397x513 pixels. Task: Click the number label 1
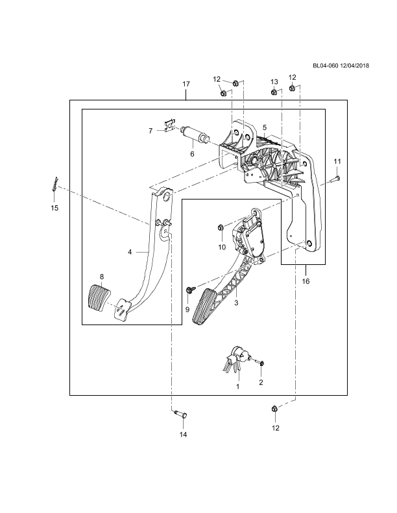tap(239, 386)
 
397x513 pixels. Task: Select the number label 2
tap(261, 382)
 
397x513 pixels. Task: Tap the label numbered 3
tap(236, 302)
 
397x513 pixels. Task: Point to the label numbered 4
tap(130, 252)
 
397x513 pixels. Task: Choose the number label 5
tap(264, 128)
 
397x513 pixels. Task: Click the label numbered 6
tap(191, 154)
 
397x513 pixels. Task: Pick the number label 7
tap(150, 131)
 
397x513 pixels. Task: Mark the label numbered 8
tap(101, 277)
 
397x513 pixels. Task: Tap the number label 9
tap(187, 310)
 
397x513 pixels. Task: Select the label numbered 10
tap(222, 247)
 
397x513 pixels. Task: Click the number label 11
tap(337, 161)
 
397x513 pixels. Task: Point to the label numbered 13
tap(274, 82)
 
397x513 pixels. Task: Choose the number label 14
tap(183, 435)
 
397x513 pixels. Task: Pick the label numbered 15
tap(54, 208)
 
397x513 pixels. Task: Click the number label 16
tap(306, 281)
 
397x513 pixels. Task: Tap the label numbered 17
tap(186, 84)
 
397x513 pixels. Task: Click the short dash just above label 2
tap(252, 359)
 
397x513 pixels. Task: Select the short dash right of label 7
tap(174, 127)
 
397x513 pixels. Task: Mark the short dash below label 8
tap(115, 306)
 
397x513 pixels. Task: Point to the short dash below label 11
tap(325, 184)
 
